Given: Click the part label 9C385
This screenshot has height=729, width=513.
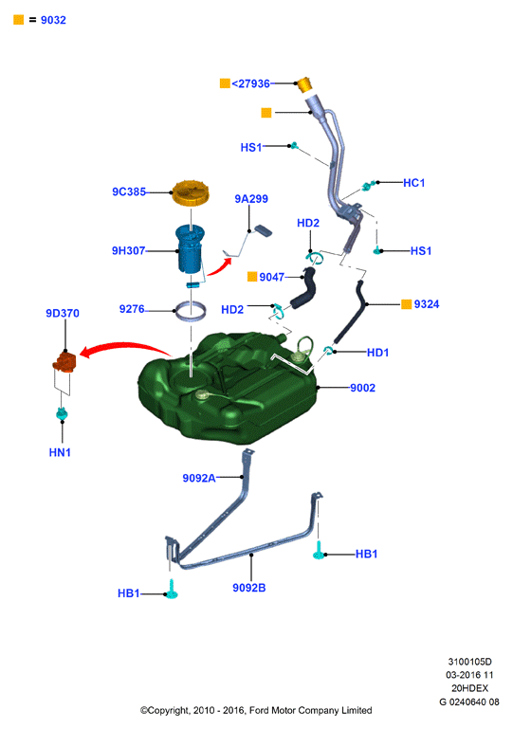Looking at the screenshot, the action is click(x=129, y=191).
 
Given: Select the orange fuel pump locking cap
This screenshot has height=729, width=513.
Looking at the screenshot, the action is click(x=191, y=193).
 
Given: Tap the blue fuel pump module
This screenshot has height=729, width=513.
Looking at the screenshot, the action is click(x=190, y=249).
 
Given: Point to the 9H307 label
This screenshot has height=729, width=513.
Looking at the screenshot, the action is click(x=128, y=250).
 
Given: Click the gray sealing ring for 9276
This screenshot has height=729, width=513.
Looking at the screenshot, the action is click(x=191, y=310).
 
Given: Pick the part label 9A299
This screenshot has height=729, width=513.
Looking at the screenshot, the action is click(x=251, y=199).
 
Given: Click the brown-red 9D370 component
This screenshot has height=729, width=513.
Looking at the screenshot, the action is click(x=64, y=362).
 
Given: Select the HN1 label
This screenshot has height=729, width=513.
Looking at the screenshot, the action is click(x=60, y=452).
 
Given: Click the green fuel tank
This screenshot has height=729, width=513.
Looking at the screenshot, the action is click(x=228, y=389).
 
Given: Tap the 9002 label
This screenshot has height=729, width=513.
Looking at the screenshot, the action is click(x=363, y=388).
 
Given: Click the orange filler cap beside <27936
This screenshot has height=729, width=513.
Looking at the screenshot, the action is click(x=304, y=84).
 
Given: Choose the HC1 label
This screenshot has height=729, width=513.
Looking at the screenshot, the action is click(x=414, y=183).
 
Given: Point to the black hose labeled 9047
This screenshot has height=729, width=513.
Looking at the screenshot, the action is click(x=304, y=287).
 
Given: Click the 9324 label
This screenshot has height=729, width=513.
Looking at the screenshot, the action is click(x=427, y=304).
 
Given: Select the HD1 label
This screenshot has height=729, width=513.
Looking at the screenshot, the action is click(x=377, y=353).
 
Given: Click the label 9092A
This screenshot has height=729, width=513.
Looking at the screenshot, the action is click(x=199, y=478).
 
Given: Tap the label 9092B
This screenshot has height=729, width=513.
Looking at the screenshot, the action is click(x=249, y=588).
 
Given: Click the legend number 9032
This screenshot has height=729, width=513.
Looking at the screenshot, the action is click(x=53, y=20).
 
